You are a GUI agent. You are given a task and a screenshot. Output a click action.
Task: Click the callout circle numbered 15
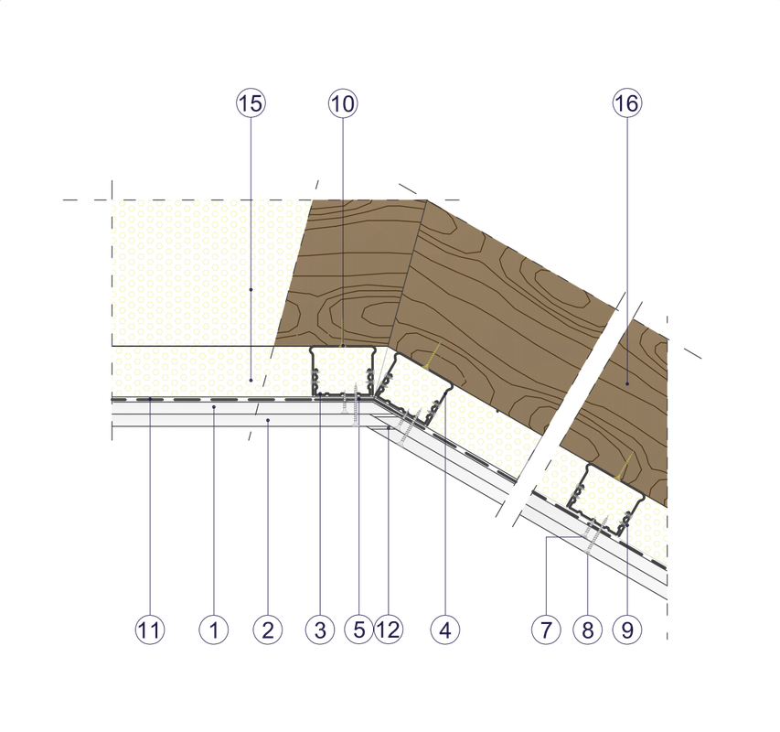[250, 104]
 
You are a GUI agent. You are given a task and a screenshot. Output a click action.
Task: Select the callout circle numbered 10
[342, 104]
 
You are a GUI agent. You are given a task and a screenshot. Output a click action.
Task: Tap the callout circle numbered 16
[627, 104]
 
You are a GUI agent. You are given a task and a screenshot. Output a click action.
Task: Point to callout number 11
[150, 630]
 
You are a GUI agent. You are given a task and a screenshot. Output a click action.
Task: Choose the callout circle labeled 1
[213, 630]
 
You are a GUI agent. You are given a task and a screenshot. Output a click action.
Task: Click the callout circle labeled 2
[268, 630]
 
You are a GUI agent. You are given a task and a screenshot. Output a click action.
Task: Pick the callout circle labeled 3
[319, 630]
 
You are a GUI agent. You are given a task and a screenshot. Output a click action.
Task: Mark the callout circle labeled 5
[358, 630]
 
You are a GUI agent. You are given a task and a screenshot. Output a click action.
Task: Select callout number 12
[388, 630]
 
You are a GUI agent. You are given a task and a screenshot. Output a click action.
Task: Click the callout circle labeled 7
[545, 630]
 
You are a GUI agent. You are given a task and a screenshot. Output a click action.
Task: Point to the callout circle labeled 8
[587, 630]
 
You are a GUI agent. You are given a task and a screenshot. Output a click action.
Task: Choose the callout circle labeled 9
[627, 630]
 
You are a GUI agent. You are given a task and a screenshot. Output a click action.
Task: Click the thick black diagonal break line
[567, 412]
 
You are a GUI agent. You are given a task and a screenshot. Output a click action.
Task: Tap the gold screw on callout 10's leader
[342, 330]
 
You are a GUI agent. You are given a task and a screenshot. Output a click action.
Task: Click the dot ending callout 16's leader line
[627, 381]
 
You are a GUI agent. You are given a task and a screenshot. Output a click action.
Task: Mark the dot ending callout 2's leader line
[268, 420]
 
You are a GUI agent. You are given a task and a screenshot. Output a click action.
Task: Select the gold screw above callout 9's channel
[625, 468]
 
